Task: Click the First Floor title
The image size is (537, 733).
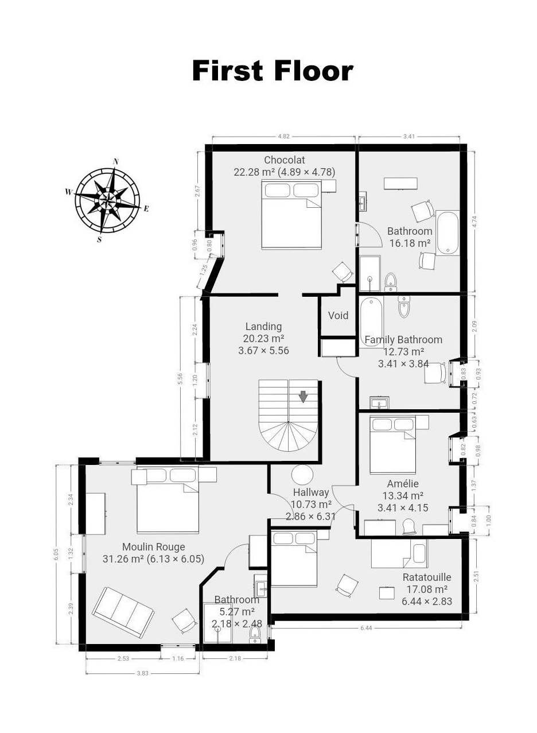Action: pos(273,71)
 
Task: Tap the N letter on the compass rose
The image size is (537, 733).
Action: pos(115,161)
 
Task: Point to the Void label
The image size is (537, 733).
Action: pos(338,316)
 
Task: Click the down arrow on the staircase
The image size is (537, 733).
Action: pos(303,397)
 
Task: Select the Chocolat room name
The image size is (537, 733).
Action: pos(284,160)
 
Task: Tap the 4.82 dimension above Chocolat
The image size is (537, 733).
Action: pos(283,137)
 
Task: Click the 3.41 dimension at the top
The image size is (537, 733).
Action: pos(409,137)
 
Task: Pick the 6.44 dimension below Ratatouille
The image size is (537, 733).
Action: pos(366,628)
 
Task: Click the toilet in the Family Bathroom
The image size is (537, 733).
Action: pos(404,307)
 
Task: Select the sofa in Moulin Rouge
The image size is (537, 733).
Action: pos(123,611)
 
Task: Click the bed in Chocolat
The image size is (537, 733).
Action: pos(291,214)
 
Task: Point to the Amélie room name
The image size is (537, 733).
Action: pos(403,484)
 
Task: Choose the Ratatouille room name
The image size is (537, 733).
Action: pos(426,577)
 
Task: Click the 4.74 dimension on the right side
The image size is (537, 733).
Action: pos(475,222)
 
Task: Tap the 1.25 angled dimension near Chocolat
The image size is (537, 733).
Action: pos(204,270)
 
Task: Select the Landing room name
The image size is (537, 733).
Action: pos(263,326)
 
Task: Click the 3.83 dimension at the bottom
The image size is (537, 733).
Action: pos(143,673)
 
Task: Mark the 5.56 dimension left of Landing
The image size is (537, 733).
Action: pos(180,379)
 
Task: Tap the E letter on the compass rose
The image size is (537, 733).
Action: pos(146,208)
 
